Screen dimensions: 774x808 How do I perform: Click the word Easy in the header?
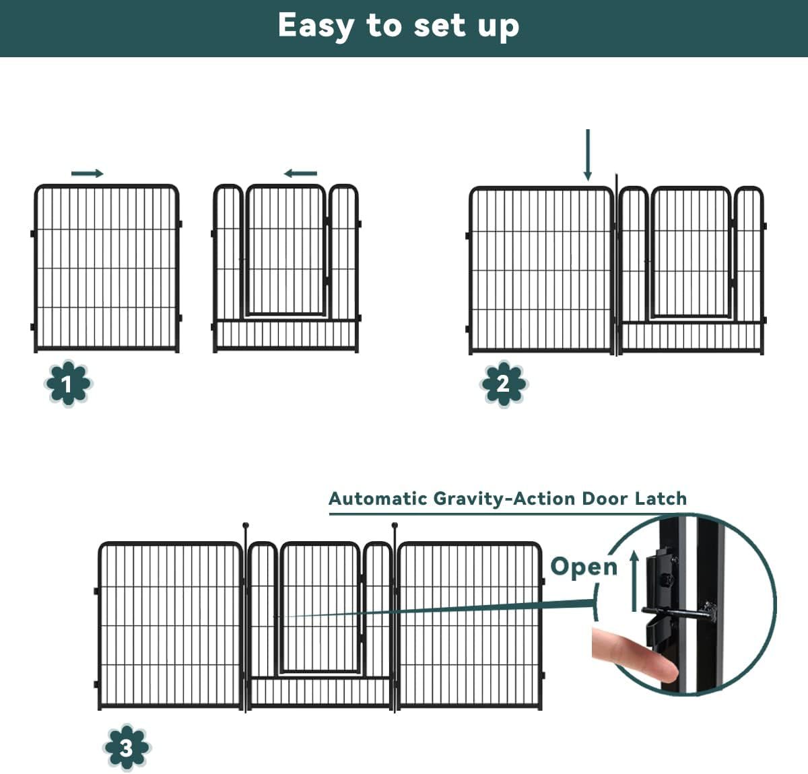(315, 27)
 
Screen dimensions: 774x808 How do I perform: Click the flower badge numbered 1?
(68, 384)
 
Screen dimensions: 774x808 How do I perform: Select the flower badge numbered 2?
(504, 384)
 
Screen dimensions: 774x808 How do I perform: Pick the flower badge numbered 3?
(127, 747)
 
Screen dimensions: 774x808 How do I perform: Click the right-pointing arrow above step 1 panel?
(88, 174)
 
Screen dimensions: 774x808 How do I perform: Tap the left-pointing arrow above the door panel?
(300, 174)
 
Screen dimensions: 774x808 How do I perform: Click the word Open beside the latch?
(583, 567)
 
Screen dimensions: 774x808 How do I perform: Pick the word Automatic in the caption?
(378, 499)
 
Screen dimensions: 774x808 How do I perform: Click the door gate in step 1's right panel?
(286, 250)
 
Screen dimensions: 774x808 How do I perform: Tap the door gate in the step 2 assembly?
(691, 252)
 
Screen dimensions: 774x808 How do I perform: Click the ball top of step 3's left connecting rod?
(246, 525)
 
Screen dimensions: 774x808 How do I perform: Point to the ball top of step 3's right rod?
(395, 525)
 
